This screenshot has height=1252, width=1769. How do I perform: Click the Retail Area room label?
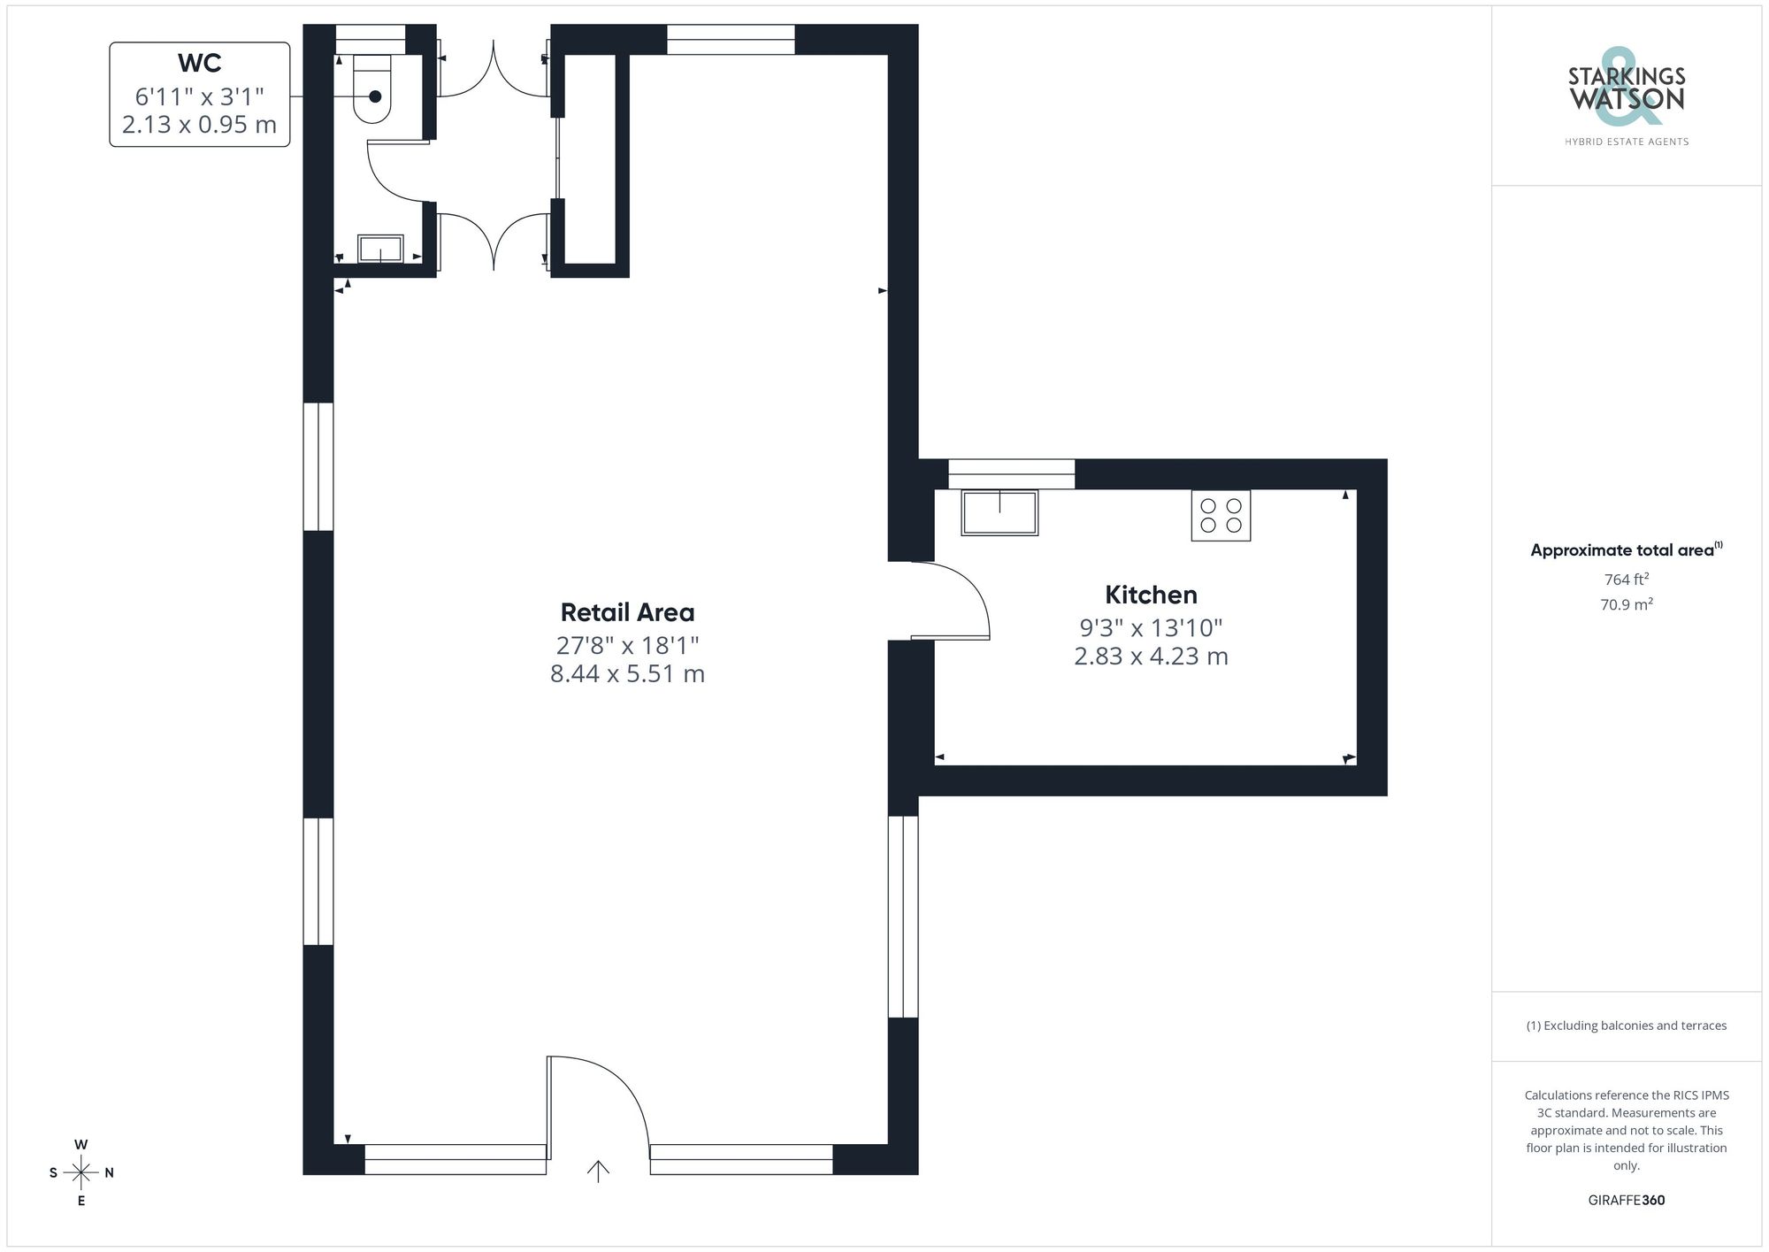point(627,612)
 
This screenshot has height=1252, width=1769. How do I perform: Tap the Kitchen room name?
point(1151,595)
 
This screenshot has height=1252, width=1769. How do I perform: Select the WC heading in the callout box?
point(199,64)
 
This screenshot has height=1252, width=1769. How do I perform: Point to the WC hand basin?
point(380,249)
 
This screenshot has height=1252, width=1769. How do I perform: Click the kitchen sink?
point(999,512)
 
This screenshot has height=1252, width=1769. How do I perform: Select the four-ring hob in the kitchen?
point(1221,516)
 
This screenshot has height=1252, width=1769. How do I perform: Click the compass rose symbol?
point(81,1173)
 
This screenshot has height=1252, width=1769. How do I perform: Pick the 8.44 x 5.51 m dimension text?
point(627,674)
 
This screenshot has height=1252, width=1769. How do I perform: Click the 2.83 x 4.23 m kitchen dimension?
point(1151,657)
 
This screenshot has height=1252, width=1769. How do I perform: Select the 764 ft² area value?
point(1626,580)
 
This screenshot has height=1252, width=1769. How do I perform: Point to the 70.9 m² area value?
point(1626,605)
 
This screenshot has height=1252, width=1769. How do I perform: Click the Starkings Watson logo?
point(1626,88)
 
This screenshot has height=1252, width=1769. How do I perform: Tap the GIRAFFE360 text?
point(1626,1201)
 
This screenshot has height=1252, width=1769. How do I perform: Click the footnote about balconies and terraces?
point(1626,1026)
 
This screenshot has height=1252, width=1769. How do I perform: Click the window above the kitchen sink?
point(1011,473)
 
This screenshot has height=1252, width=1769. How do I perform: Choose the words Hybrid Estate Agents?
point(1626,142)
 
